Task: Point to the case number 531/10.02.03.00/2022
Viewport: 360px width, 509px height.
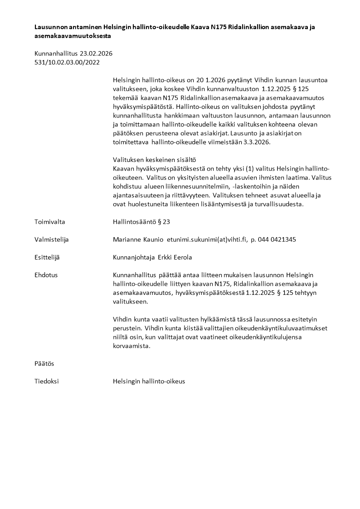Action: click(x=67, y=62)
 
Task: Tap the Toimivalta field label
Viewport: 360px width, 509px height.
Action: click(x=50, y=222)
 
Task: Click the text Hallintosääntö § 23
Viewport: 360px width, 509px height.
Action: click(x=141, y=222)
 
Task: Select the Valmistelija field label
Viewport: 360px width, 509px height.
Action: click(x=52, y=240)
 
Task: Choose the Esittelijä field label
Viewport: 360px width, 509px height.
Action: click(x=47, y=257)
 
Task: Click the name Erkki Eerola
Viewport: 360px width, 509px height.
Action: click(x=175, y=257)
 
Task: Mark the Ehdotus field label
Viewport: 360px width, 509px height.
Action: click(x=46, y=275)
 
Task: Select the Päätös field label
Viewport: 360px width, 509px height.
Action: click(x=44, y=363)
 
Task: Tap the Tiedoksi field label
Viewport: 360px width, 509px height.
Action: click(x=46, y=381)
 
